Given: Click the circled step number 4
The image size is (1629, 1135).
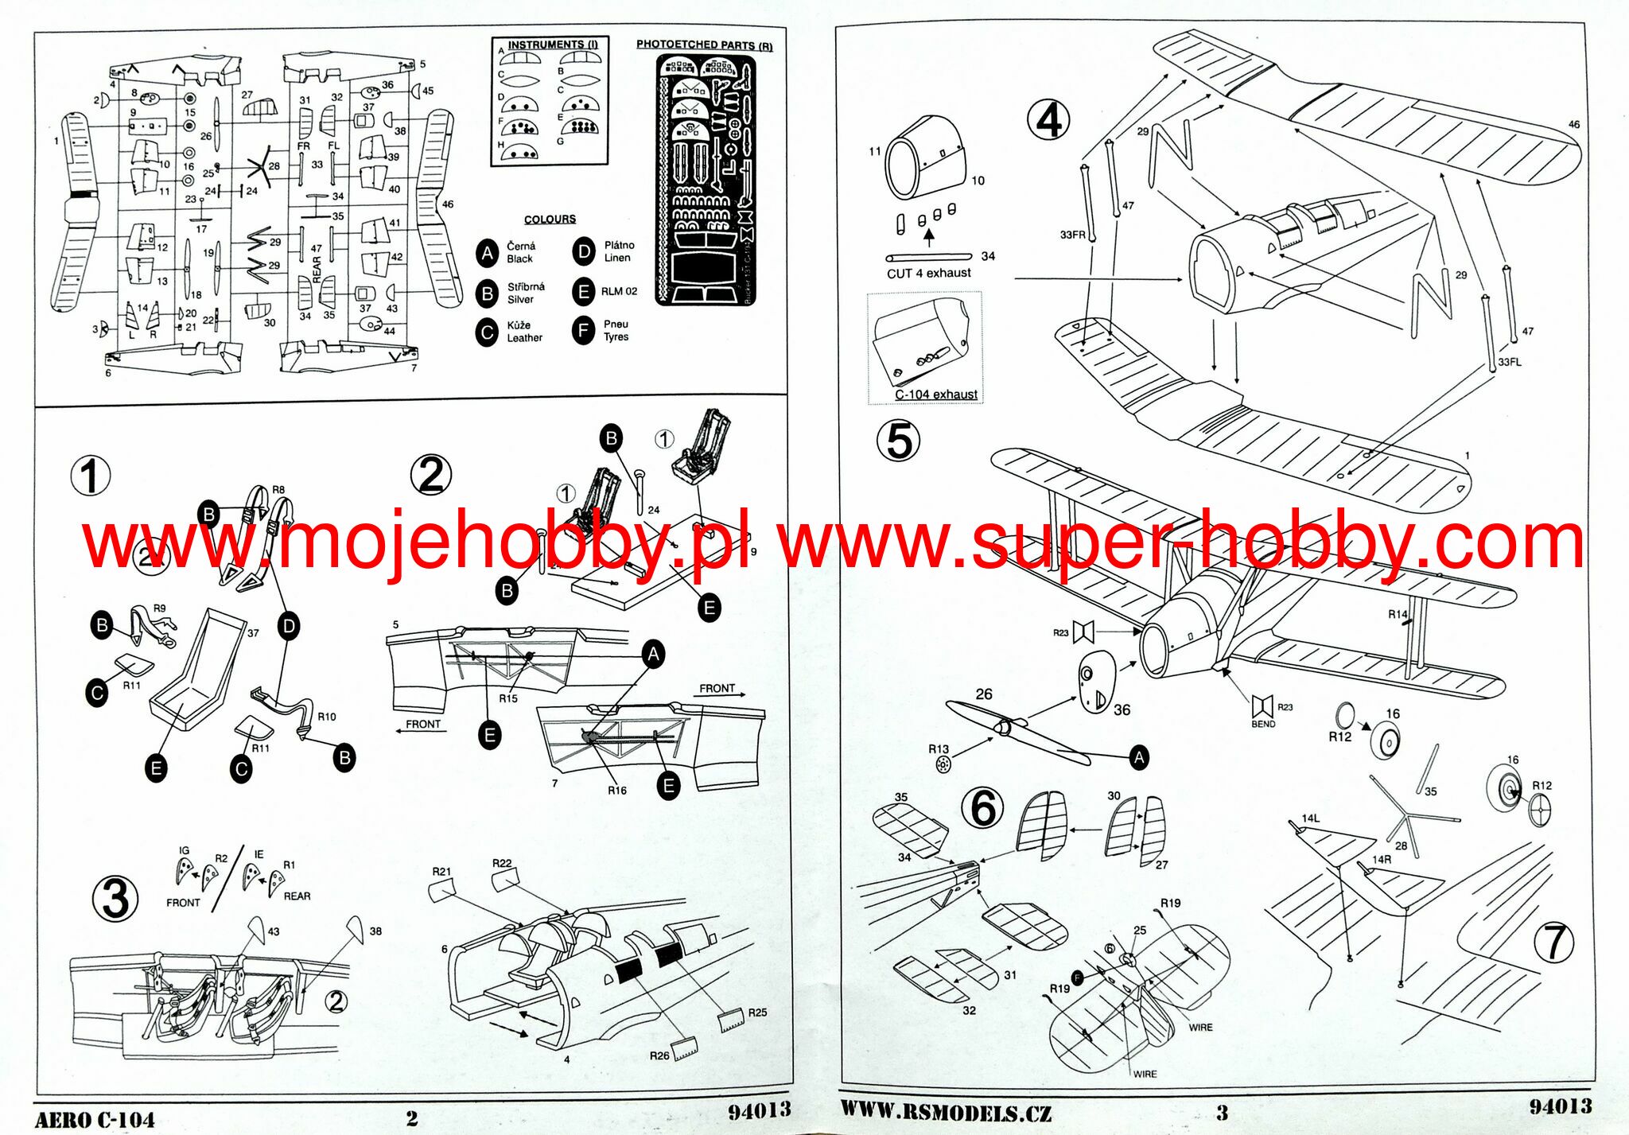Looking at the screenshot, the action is [x=1048, y=121].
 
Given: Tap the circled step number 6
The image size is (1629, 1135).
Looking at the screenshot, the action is [x=983, y=808].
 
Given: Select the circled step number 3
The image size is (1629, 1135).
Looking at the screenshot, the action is [x=115, y=899].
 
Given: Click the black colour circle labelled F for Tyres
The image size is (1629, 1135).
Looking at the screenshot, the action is [x=583, y=330].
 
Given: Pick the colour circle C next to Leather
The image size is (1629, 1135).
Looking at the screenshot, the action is [x=487, y=332].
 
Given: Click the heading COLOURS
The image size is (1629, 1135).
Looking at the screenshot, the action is [x=550, y=220].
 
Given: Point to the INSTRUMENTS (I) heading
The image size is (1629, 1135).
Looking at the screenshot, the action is [x=552, y=45].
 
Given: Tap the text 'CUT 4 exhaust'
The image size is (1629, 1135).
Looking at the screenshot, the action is [x=928, y=274].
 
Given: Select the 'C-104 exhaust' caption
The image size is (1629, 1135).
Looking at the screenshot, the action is [x=935, y=395].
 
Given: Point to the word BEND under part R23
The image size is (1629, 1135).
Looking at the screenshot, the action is [x=1262, y=725].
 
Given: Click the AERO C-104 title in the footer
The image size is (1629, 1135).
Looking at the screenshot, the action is [x=95, y=1119].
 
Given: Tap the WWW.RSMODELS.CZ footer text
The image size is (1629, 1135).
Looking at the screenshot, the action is [x=946, y=1112].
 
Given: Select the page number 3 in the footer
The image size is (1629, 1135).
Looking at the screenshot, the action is [x=1222, y=1113].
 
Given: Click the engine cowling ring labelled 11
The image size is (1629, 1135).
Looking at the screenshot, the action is [x=904, y=169].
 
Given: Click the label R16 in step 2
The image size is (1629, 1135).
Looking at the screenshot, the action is [x=616, y=791].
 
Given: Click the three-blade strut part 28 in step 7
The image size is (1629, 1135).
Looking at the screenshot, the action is [x=1406, y=818].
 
